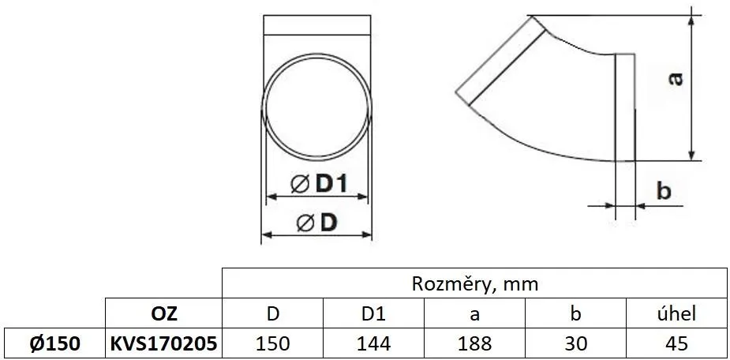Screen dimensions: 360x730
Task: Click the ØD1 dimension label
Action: [x=318, y=183]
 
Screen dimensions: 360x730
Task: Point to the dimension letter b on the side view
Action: [x=664, y=190]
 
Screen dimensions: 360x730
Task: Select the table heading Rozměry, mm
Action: [x=474, y=283]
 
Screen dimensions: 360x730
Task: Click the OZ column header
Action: [x=163, y=313]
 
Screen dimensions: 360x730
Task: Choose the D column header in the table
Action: [x=272, y=313]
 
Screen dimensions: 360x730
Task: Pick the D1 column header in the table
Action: [x=372, y=313]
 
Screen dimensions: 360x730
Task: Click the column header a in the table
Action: [x=474, y=313]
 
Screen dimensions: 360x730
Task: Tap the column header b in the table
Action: [x=575, y=313]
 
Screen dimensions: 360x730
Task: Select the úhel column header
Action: [x=676, y=313]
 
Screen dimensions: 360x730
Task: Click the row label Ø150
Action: [x=53, y=343]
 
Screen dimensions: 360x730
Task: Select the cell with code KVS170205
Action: [x=163, y=343]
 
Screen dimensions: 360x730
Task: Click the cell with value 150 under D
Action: [x=272, y=343]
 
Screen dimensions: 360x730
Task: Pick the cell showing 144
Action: [x=372, y=343]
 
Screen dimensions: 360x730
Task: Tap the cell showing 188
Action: [x=474, y=343]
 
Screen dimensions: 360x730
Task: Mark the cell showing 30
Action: [x=575, y=343]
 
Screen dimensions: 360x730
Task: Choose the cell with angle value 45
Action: [x=676, y=343]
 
